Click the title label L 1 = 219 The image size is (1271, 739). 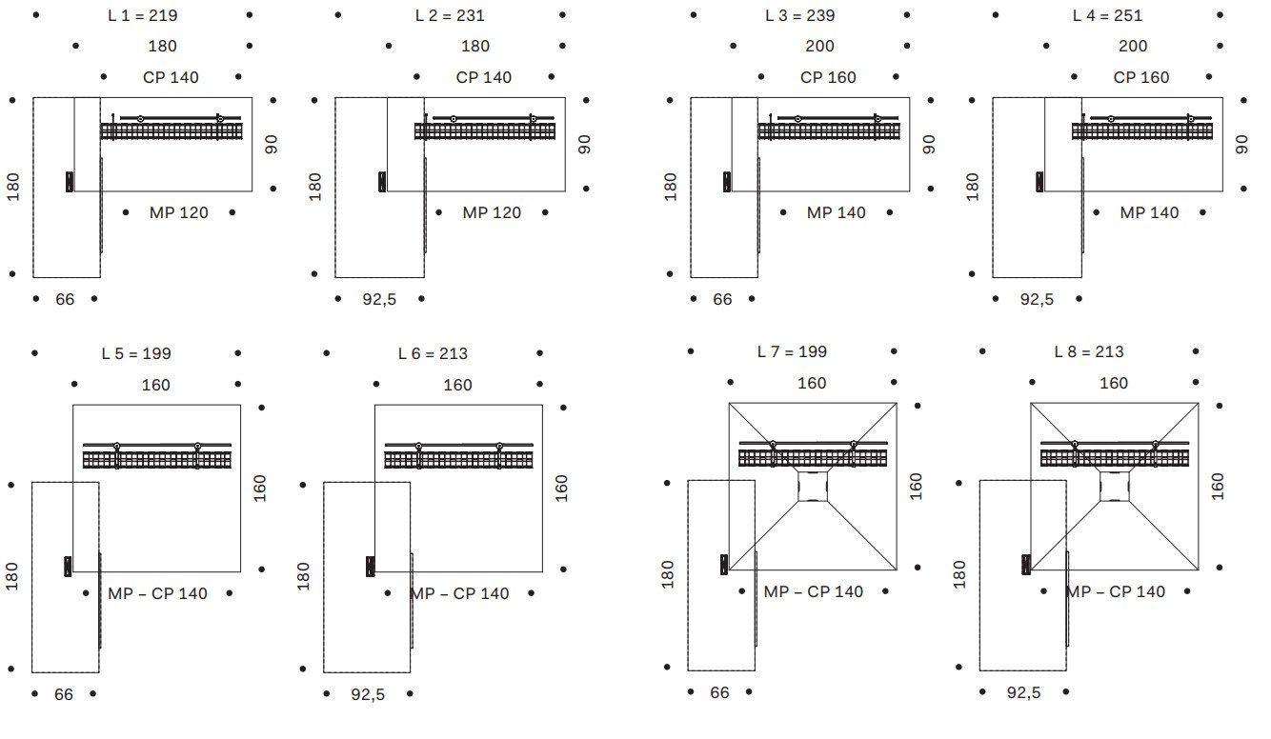142,15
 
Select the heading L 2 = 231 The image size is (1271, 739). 450,15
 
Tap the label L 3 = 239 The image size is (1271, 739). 800,15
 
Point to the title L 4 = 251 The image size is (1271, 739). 1107,15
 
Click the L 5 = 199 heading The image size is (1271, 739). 136,353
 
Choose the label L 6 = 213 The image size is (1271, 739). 433,353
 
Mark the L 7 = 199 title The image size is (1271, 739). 792,351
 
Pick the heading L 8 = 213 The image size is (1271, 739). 1089,351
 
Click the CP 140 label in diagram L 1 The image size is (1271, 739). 171,77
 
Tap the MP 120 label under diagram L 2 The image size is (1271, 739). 492,212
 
